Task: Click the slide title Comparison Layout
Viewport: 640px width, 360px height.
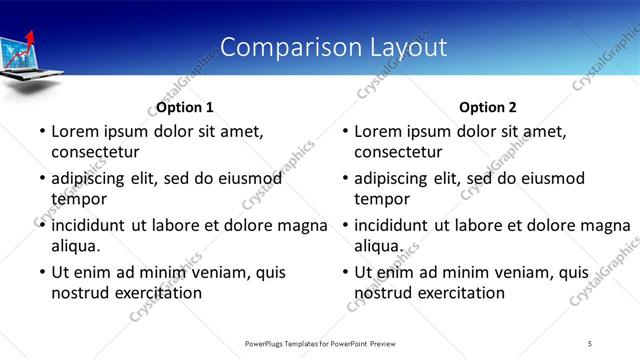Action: [333, 47]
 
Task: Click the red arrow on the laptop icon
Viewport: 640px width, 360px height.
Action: [29, 41]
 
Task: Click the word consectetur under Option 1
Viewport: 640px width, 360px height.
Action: [95, 152]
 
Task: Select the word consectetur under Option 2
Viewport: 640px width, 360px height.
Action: [398, 152]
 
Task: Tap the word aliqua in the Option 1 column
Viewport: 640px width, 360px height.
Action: [77, 246]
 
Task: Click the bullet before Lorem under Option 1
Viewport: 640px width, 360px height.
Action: [40, 131]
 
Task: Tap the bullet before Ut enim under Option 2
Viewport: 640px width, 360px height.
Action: [343, 272]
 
